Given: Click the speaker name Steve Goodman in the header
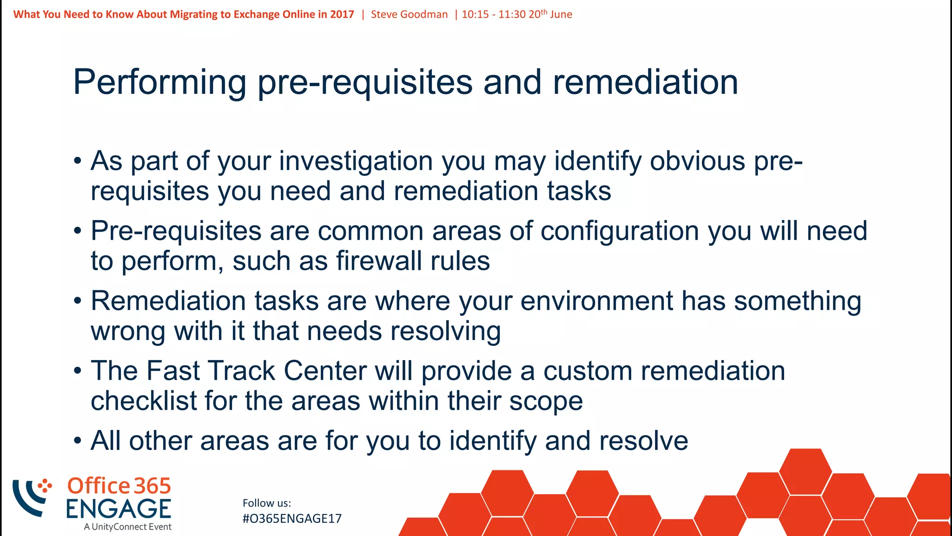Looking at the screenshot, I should [x=409, y=14].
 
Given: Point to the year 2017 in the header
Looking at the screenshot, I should [x=342, y=14].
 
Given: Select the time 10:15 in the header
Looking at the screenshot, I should [x=475, y=14].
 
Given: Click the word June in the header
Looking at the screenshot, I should [x=561, y=14].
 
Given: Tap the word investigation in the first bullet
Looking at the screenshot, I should [x=356, y=161].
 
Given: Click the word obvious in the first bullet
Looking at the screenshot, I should [x=698, y=161].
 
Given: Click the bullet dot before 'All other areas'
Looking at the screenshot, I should [x=78, y=441].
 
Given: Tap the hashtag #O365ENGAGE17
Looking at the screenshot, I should [x=292, y=519].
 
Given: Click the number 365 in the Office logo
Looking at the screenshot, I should [x=152, y=486].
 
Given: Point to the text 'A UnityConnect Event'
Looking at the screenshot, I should [x=128, y=527].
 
